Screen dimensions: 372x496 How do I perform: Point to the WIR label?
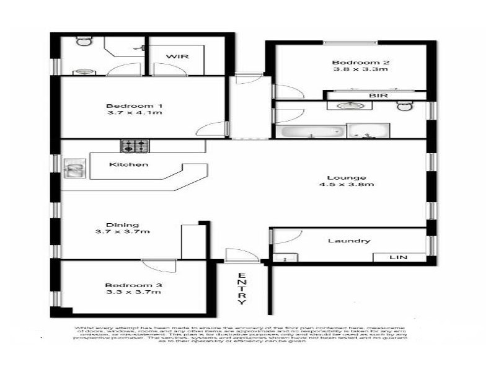click(x=176, y=57)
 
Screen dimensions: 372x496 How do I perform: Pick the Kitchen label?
click(x=128, y=165)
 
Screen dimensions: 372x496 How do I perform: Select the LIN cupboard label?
click(x=398, y=257)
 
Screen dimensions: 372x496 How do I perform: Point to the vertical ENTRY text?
click(x=241, y=289)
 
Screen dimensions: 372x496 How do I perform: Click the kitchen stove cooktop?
click(x=135, y=146)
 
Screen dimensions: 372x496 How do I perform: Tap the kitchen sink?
click(x=74, y=167)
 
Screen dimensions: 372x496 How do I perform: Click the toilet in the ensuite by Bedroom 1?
click(x=83, y=42)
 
